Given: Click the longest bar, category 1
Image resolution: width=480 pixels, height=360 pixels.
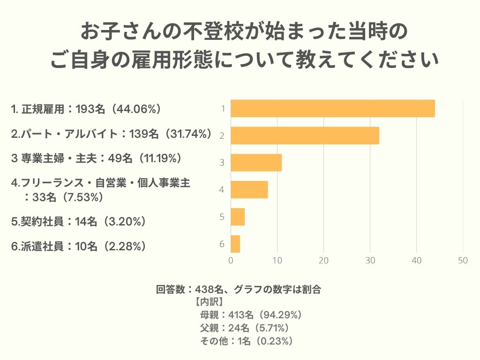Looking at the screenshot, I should pyautogui.click(x=333, y=108).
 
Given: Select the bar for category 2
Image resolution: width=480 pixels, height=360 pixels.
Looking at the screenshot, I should pyautogui.click(x=305, y=135).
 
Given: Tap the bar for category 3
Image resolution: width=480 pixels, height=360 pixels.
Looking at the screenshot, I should pyautogui.click(x=256, y=163).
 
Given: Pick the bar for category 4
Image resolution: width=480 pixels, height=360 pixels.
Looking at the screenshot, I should pyautogui.click(x=249, y=190).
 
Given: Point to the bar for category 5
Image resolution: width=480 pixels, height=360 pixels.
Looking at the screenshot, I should pyautogui.click(x=238, y=217).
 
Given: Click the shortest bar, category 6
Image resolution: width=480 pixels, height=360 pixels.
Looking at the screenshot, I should pyautogui.click(x=235, y=244).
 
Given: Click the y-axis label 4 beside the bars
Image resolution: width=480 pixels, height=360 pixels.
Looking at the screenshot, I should pyautogui.click(x=221, y=190).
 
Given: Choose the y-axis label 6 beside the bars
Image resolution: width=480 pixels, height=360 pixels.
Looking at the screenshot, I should pyautogui.click(x=221, y=244).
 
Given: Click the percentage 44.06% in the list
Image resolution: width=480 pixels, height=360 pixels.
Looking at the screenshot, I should pyautogui.click(x=133, y=109).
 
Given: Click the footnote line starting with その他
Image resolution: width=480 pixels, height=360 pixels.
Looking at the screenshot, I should pyautogui.click(x=247, y=341).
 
